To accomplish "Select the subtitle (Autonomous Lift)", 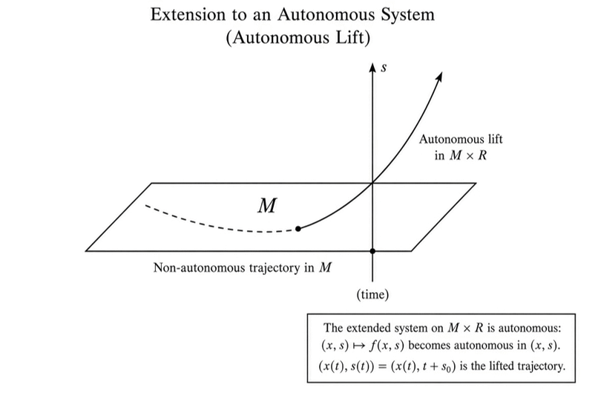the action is tap(298, 37).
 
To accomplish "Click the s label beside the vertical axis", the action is tap(384, 68).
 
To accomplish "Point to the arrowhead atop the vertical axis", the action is tap(372, 68).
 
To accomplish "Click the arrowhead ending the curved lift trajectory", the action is tap(439, 76).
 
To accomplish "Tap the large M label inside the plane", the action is tap(267, 206).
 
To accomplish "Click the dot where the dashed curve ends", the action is tap(298, 229).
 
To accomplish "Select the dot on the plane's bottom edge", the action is tap(372, 251).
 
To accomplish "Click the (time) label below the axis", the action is tap(372, 294).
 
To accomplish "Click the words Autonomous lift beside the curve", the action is tap(461, 139).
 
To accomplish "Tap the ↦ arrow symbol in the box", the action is tap(359, 346).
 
